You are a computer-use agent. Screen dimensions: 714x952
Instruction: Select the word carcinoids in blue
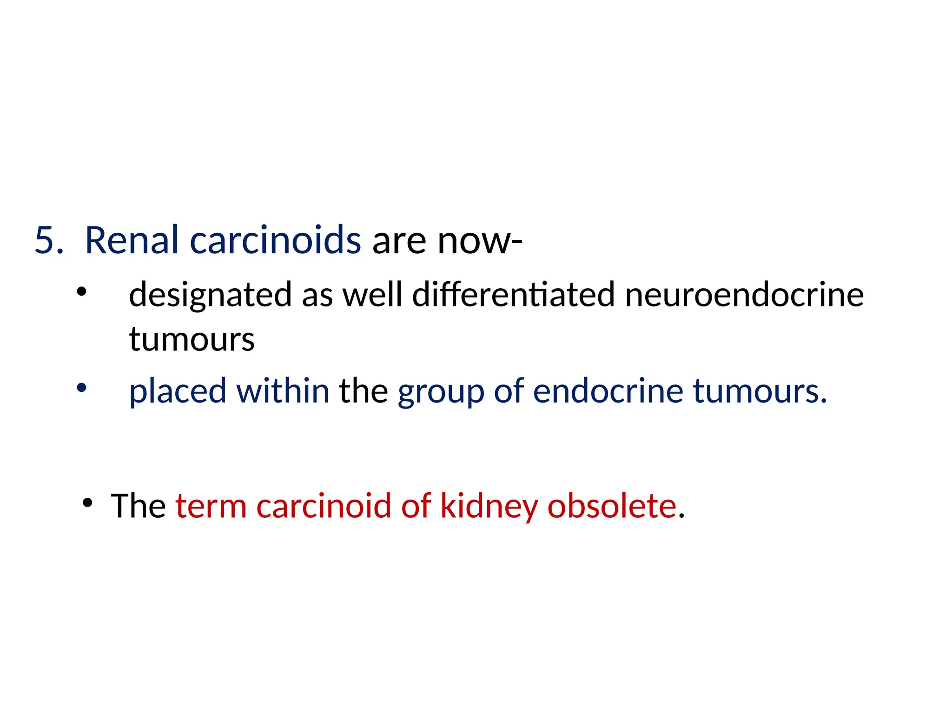275,241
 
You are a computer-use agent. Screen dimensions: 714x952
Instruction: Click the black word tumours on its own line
192,339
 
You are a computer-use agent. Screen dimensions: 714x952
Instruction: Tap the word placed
177,392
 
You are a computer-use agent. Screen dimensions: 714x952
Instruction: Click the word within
283,391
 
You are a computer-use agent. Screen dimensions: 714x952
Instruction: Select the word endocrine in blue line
608,391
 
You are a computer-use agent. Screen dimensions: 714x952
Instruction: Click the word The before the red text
138,506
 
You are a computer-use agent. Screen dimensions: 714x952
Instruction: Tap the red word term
211,506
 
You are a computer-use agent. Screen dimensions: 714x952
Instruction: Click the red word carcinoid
324,506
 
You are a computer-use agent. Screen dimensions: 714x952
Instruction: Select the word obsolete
612,506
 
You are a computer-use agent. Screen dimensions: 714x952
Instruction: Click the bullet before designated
82,292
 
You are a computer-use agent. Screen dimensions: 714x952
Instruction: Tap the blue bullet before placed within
82,388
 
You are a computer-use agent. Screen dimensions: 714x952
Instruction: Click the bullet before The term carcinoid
87,502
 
